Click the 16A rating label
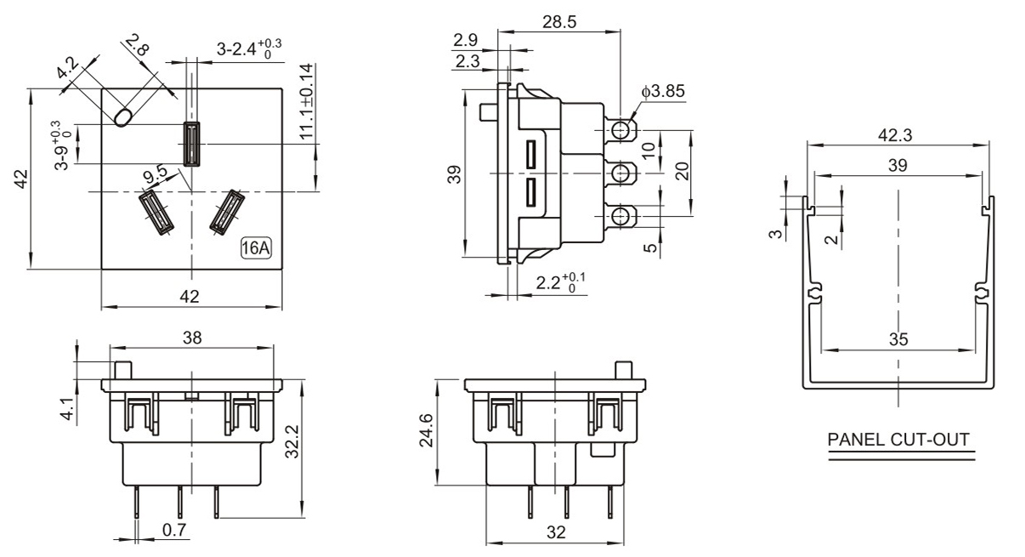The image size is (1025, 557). tap(256, 249)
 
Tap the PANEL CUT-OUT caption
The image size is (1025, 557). tap(898, 440)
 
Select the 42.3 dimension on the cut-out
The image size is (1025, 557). tap(898, 134)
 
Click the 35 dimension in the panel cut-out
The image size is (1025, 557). tap(898, 339)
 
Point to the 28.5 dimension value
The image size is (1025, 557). tap(559, 23)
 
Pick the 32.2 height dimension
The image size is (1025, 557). tap(291, 442)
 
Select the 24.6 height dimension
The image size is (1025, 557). tap(433, 431)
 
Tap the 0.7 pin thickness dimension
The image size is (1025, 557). tap(175, 530)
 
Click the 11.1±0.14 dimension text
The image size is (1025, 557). tap(306, 102)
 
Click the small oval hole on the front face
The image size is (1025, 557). tap(123, 117)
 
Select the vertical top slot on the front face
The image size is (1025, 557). tap(191, 143)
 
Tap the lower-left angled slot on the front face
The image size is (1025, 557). tap(155, 212)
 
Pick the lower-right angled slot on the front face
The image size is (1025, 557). tap(227, 212)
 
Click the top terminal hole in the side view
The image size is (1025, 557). tap(623, 130)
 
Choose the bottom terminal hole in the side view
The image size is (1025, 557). tap(623, 216)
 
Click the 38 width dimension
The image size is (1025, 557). tap(192, 338)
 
